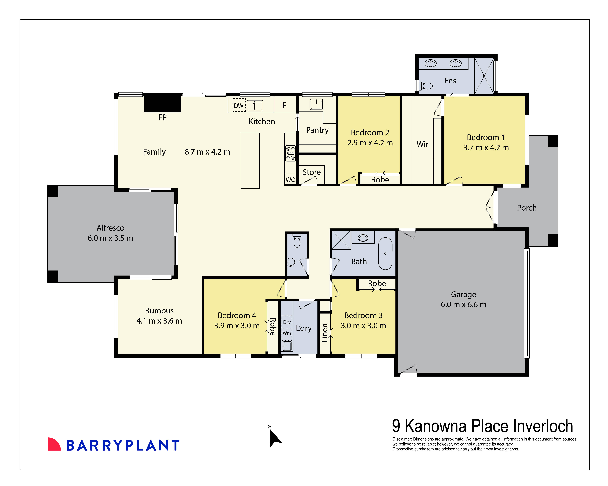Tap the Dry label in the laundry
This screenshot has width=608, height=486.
(x=287, y=322)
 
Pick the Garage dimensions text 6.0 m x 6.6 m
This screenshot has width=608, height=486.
(x=463, y=305)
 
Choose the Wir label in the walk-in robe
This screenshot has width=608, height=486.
(x=422, y=144)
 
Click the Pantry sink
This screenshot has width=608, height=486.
(x=316, y=104)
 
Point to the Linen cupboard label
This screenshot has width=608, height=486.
(x=325, y=333)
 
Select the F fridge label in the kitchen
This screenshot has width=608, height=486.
(x=284, y=105)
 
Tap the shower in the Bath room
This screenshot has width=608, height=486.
(x=341, y=240)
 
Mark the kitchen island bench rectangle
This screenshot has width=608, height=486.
(x=250, y=161)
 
